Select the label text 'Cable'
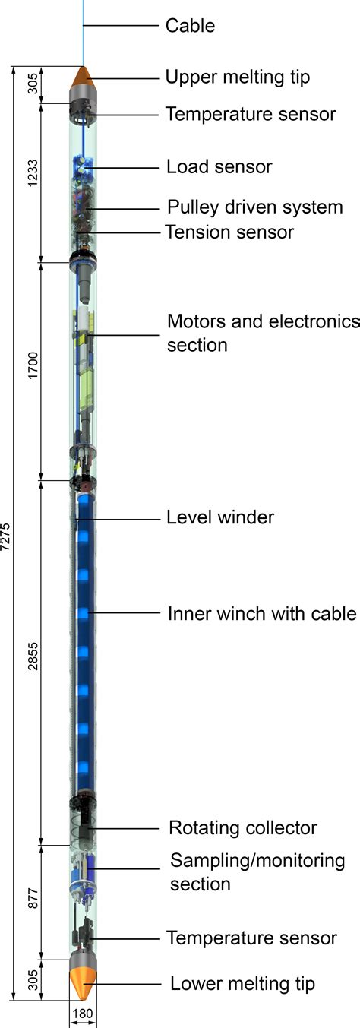pos(190,26)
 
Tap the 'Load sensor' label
pos(219,166)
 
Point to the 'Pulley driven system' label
pos(255,207)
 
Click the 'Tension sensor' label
pos(229,232)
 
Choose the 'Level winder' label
pos(220,517)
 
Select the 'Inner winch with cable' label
pos(262,613)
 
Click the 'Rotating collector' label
pos(242,827)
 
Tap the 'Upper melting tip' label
pos(238,77)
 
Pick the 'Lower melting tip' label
pos(242,984)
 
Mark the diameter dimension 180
pos(83,1014)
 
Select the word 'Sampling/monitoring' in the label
pos(257,861)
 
